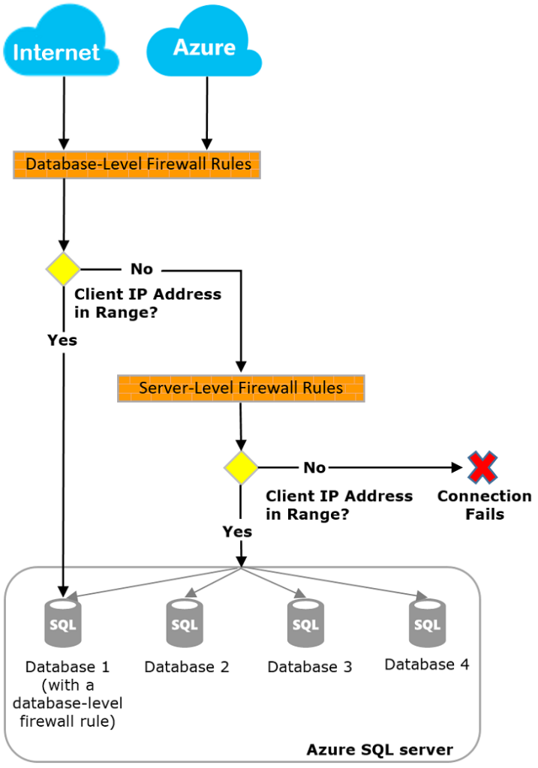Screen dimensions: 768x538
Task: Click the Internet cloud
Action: point(58,46)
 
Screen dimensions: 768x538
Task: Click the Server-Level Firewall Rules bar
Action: point(241,388)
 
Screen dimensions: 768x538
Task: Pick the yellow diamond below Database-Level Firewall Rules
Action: point(63,268)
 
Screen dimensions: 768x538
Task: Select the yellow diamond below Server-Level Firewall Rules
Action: point(241,467)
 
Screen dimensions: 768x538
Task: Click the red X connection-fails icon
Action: point(483,467)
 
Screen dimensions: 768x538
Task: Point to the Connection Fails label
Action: point(484,505)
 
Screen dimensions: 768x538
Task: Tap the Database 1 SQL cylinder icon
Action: point(63,622)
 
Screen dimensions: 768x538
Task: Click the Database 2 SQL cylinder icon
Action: point(185,622)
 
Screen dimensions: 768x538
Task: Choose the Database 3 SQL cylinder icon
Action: point(305,622)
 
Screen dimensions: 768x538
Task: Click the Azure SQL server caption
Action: point(380,749)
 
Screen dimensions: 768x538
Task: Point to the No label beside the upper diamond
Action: point(142,268)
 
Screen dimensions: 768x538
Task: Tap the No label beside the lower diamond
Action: point(314,467)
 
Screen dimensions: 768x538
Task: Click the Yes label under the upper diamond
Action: point(62,340)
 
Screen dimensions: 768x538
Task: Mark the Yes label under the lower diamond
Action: point(237,531)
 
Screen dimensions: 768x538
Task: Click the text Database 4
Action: point(427,664)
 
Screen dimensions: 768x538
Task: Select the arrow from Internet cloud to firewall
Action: point(64,112)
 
